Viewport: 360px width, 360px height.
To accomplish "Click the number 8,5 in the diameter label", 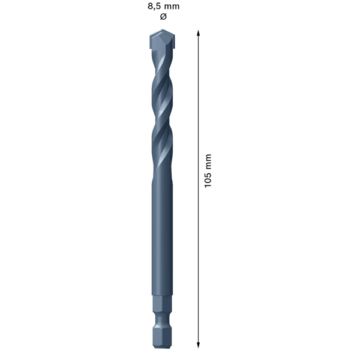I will coord(154,6).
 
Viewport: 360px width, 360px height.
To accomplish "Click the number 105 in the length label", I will coord(208,179).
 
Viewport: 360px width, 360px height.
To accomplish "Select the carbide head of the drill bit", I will coord(161,41).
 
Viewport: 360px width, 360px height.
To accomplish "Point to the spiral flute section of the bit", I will coord(161,114).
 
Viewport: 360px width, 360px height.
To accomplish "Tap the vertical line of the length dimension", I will coord(199,240).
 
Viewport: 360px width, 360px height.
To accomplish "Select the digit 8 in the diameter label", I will coord(150,6).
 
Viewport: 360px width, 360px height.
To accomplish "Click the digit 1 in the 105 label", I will coord(208,185).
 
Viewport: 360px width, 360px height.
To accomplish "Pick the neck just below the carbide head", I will coord(161,55).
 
